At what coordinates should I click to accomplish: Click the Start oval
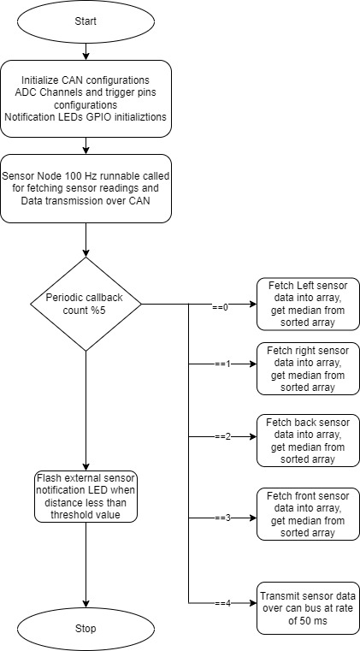(86, 21)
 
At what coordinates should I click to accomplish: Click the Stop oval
(86, 628)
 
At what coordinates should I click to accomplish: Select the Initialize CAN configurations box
(86, 99)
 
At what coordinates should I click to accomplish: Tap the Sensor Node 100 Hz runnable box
(86, 188)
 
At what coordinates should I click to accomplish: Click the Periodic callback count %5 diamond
(86, 304)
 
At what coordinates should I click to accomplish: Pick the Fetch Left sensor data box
(308, 304)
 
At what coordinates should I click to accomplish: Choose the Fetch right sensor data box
(308, 369)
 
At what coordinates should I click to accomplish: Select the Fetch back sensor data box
(308, 441)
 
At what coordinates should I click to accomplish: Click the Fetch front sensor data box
(308, 514)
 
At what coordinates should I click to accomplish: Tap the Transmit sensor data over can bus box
(308, 608)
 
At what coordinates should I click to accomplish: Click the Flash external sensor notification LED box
(86, 496)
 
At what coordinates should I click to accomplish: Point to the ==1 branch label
(222, 364)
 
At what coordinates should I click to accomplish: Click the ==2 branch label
(222, 437)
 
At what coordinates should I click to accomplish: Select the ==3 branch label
(222, 518)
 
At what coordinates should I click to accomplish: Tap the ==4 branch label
(222, 604)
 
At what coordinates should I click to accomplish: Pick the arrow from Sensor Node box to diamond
(86, 240)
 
